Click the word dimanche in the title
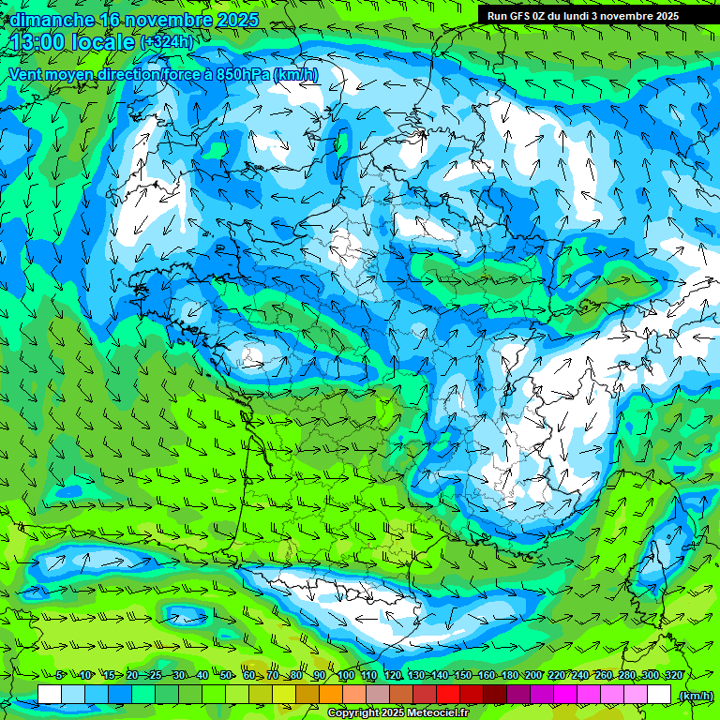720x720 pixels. pyautogui.click(x=52, y=19)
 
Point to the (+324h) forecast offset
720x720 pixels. pyautogui.click(x=166, y=41)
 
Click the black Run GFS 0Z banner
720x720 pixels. pyautogui.click(x=583, y=16)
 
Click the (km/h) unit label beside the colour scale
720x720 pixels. pyautogui.click(x=695, y=695)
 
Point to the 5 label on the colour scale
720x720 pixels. pyautogui.click(x=59, y=675)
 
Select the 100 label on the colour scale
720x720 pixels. pyautogui.click(x=346, y=675)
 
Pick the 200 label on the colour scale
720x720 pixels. pyautogui.click(x=533, y=675)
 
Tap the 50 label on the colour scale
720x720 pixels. pyautogui.click(x=226, y=675)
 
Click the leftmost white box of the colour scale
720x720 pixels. pyautogui.click(x=50, y=695)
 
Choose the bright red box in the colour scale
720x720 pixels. pyautogui.click(x=448, y=695)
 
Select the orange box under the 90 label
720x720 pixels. pyautogui.click(x=331, y=695)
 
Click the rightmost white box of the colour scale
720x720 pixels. pyautogui.click(x=659, y=695)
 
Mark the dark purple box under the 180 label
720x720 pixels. pyautogui.click(x=518, y=695)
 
